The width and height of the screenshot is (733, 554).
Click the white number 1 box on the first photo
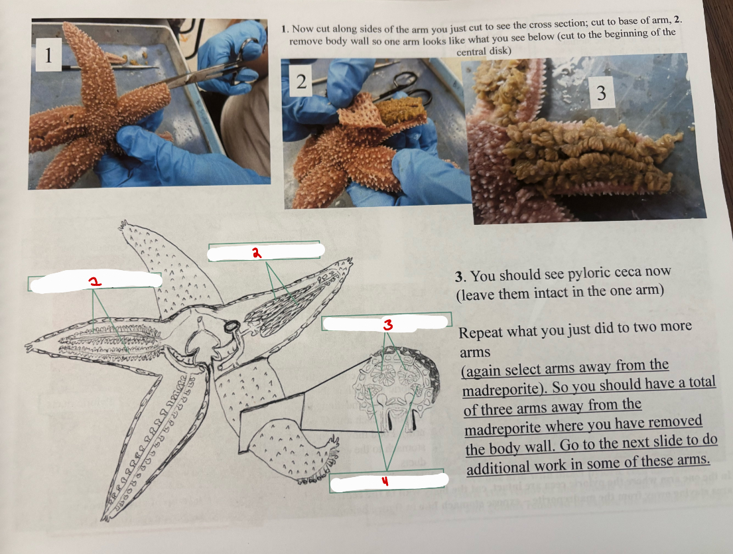point(47,55)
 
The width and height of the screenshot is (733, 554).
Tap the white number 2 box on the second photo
point(301,82)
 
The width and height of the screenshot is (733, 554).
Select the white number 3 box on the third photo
point(601,93)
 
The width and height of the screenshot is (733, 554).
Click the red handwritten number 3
point(387,324)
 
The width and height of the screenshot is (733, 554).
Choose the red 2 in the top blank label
point(255,252)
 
